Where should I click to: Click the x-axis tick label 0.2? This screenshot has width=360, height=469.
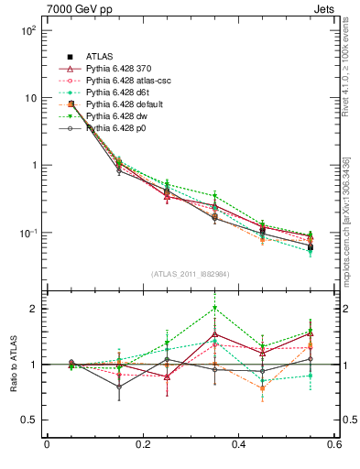(143, 445)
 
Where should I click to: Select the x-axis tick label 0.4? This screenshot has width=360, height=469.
(239, 445)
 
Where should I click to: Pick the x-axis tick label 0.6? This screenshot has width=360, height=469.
(335, 445)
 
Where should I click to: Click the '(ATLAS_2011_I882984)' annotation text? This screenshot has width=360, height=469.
(191, 274)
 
